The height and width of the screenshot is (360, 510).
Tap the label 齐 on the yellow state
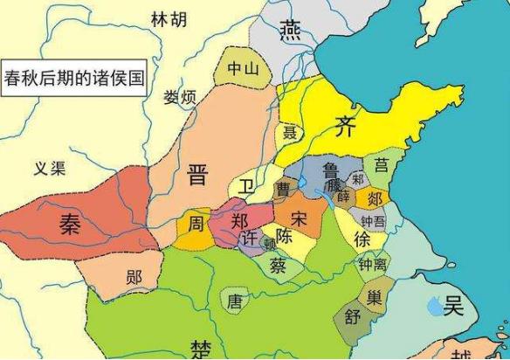[x=346, y=126]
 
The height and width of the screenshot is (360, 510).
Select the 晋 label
[x=198, y=176]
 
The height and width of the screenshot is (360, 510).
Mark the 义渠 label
[x=50, y=169]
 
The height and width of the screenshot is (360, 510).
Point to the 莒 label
[x=381, y=163]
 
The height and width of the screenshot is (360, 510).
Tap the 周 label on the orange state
[x=197, y=224]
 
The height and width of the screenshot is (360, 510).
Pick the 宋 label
[x=300, y=216]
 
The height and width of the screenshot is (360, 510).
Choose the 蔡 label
[x=279, y=264]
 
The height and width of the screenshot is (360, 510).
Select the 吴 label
[x=451, y=305]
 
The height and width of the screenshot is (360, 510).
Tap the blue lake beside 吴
[x=433, y=305]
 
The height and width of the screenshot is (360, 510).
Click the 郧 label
[x=134, y=278]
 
